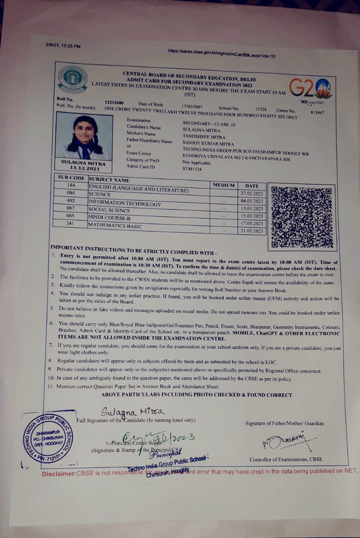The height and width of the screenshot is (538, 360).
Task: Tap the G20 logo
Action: (x=310, y=88)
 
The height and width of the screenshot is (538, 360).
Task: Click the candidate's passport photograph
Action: (x=84, y=137)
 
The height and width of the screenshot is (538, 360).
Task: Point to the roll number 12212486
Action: (x=114, y=103)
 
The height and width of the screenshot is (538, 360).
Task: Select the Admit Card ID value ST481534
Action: (x=192, y=169)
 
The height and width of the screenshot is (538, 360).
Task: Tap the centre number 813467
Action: (x=318, y=112)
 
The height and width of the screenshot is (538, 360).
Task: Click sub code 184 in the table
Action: (x=71, y=185)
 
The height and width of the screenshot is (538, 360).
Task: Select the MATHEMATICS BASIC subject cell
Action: (x=115, y=226)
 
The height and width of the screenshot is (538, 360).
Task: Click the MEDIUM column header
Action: (x=224, y=185)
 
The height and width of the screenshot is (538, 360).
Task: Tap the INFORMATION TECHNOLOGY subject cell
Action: (x=124, y=203)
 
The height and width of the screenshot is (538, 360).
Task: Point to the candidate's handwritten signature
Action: (x=132, y=411)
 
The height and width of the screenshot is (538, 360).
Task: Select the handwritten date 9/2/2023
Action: (x=177, y=438)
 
